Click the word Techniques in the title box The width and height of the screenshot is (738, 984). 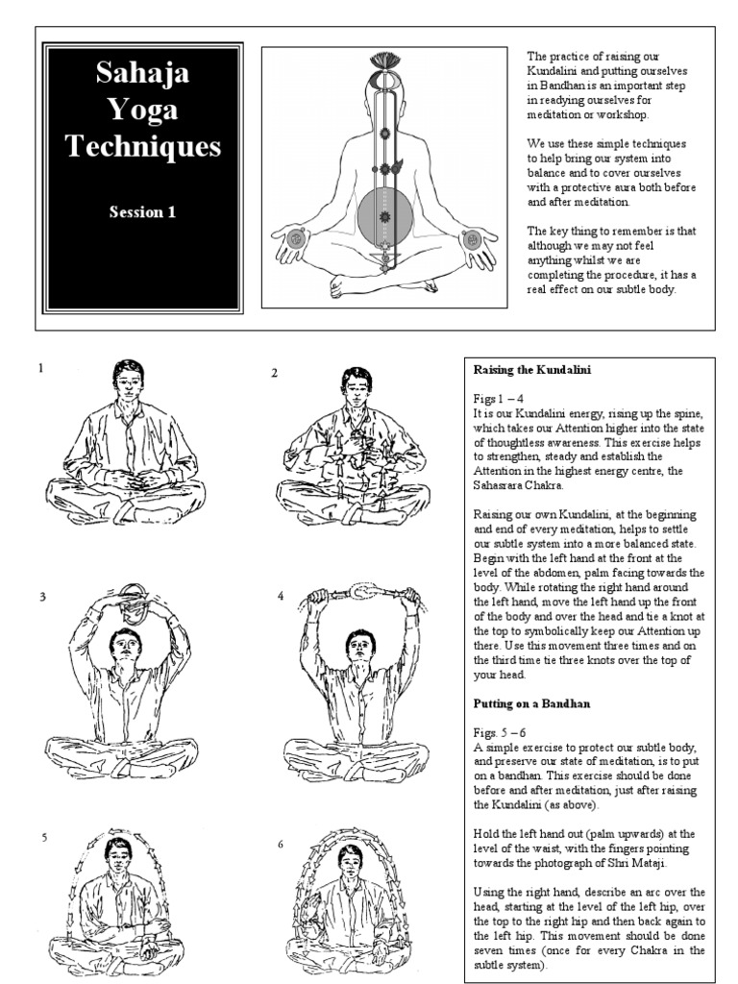[142, 146]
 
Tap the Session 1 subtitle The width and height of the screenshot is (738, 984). [142, 213]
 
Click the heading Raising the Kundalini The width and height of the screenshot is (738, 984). [531, 370]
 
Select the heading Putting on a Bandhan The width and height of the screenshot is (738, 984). [531, 704]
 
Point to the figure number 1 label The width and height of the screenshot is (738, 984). [40, 368]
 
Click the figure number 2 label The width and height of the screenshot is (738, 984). [274, 373]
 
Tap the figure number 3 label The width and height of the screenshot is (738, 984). [42, 597]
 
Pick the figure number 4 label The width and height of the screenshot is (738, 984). [281, 597]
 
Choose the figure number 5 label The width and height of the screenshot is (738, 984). [43, 838]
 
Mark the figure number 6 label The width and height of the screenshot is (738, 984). [281, 845]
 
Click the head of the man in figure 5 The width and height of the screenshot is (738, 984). [119, 854]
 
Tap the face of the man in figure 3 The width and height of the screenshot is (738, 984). [124, 647]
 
